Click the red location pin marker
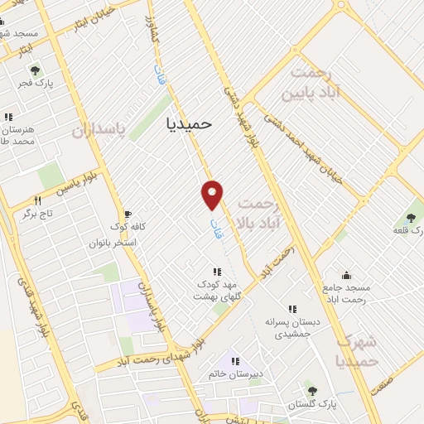point(213,194)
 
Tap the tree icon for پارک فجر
point(23,83)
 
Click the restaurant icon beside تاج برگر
point(37,200)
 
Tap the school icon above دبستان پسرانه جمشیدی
point(291,309)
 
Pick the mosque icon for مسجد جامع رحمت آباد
point(346,275)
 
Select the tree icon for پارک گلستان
point(312,391)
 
